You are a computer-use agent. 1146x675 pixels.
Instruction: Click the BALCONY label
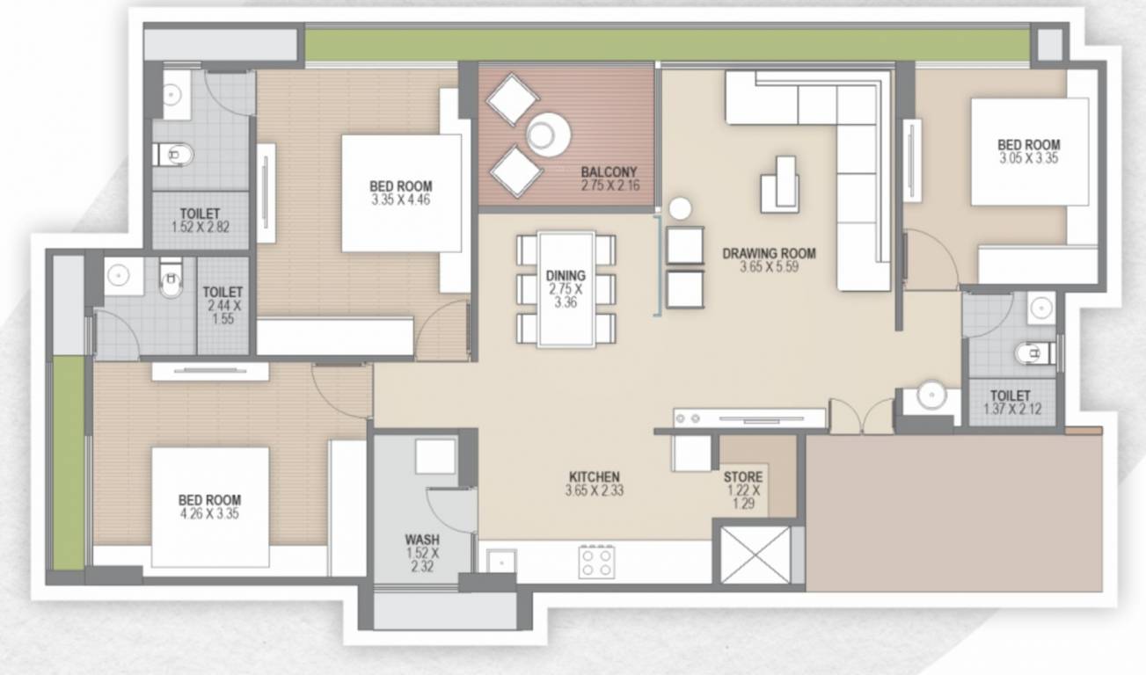point(609,171)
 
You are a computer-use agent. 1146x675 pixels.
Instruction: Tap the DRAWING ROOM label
point(769,253)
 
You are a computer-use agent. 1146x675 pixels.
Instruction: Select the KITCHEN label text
point(594,476)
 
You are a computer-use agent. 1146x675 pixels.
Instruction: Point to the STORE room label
point(743,477)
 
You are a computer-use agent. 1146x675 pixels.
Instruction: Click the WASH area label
point(422,540)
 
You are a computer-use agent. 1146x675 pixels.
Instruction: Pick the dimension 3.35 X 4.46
point(400,200)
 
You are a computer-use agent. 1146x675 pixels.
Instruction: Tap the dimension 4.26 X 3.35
point(209,513)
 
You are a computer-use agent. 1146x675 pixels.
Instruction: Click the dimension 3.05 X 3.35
point(1029,158)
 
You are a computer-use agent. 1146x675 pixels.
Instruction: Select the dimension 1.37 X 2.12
point(1012,409)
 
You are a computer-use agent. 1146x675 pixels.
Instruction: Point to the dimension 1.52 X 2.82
point(200,227)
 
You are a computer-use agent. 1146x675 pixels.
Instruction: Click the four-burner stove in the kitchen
point(596,562)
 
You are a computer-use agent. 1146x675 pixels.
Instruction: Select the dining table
point(566,289)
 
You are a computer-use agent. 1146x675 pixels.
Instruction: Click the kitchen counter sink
point(500,563)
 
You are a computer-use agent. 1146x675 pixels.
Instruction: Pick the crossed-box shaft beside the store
point(755,555)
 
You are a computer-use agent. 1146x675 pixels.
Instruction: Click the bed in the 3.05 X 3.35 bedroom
point(1030,152)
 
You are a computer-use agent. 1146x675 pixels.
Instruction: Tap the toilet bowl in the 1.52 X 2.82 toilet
point(174,154)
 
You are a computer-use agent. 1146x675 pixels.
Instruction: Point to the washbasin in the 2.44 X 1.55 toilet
point(119,276)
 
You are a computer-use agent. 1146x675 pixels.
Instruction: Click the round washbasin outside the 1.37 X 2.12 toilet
point(931,395)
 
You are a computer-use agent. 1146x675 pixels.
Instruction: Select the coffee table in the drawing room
point(780,185)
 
